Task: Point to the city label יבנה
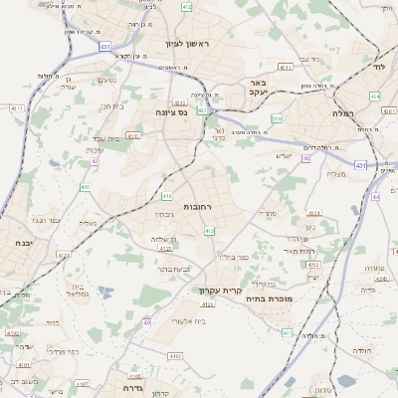coord(23,242)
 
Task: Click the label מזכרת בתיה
coord(313,298)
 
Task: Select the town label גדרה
coord(122,388)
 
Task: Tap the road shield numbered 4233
coord(311,266)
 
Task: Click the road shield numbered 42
coord(96,160)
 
